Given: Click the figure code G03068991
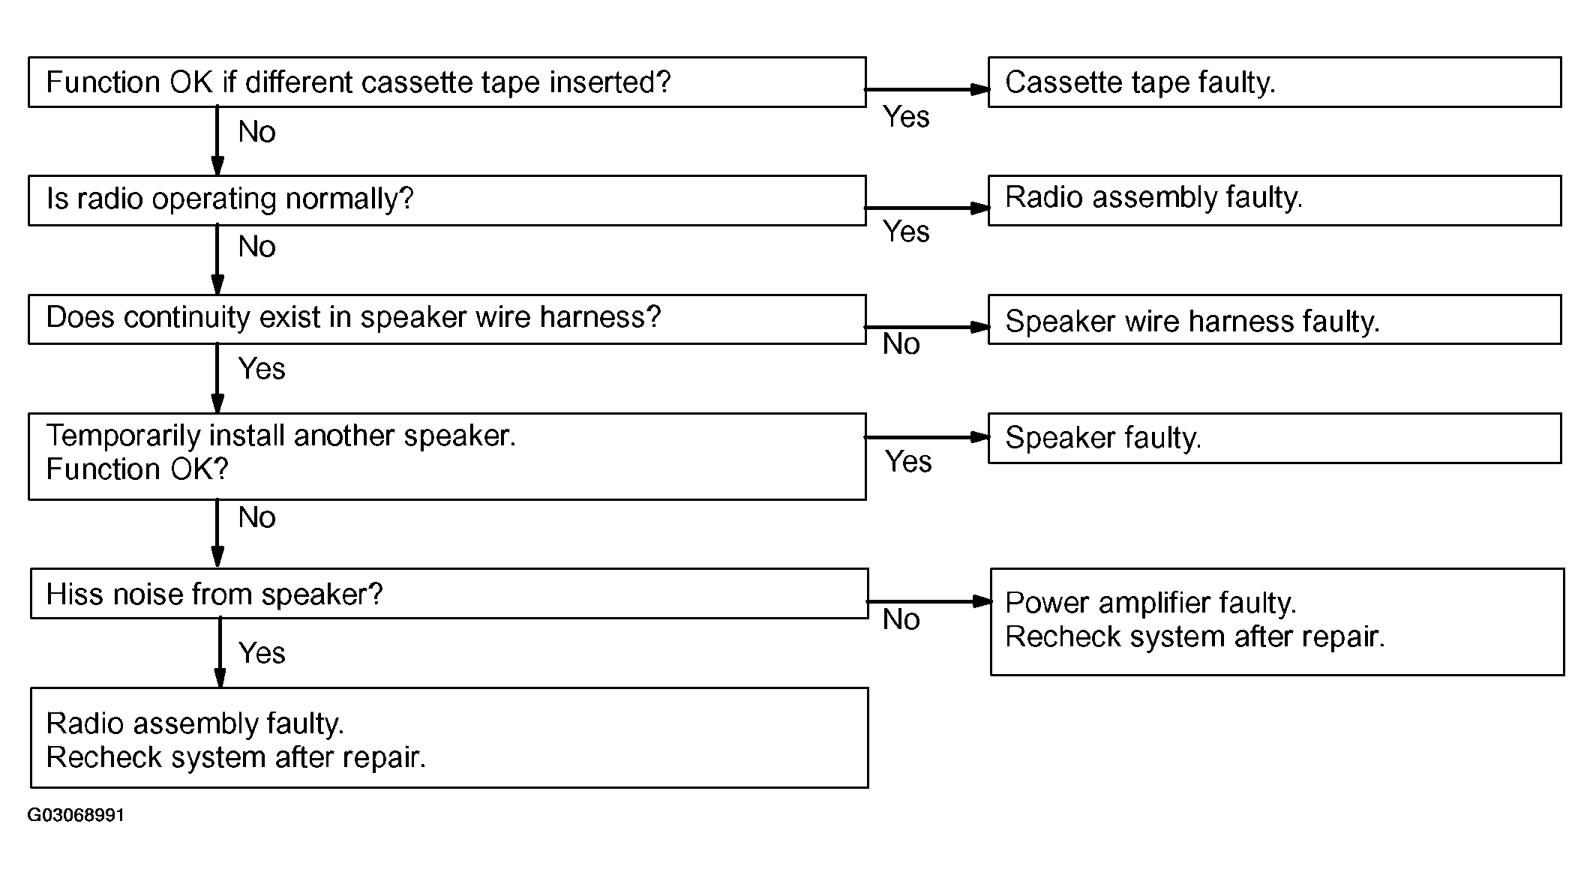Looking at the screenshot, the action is (76, 815).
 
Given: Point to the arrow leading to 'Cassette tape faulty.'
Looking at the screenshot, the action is (928, 89).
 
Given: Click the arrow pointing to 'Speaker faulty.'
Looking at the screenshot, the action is (928, 437).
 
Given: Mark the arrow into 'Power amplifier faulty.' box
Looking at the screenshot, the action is (930, 601).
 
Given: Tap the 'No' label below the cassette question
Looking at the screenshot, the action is (257, 132).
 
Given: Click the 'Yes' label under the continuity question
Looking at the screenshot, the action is (262, 369).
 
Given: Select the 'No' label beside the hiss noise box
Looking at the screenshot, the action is (901, 619).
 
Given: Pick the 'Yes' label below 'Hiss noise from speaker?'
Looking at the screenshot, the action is (262, 653).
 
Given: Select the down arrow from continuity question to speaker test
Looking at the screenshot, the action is (217, 379).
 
